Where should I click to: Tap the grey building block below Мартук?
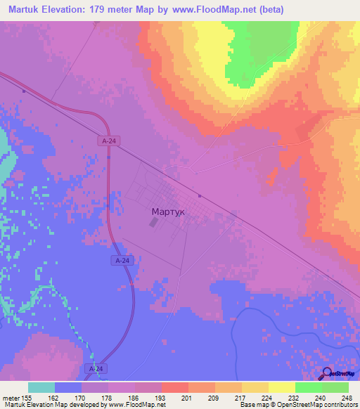(x=154, y=223)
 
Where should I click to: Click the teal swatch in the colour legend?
(x=41, y=387)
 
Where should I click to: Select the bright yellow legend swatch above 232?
(x=282, y=387)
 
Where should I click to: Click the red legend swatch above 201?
(x=175, y=387)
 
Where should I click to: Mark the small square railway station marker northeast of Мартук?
(x=200, y=196)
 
